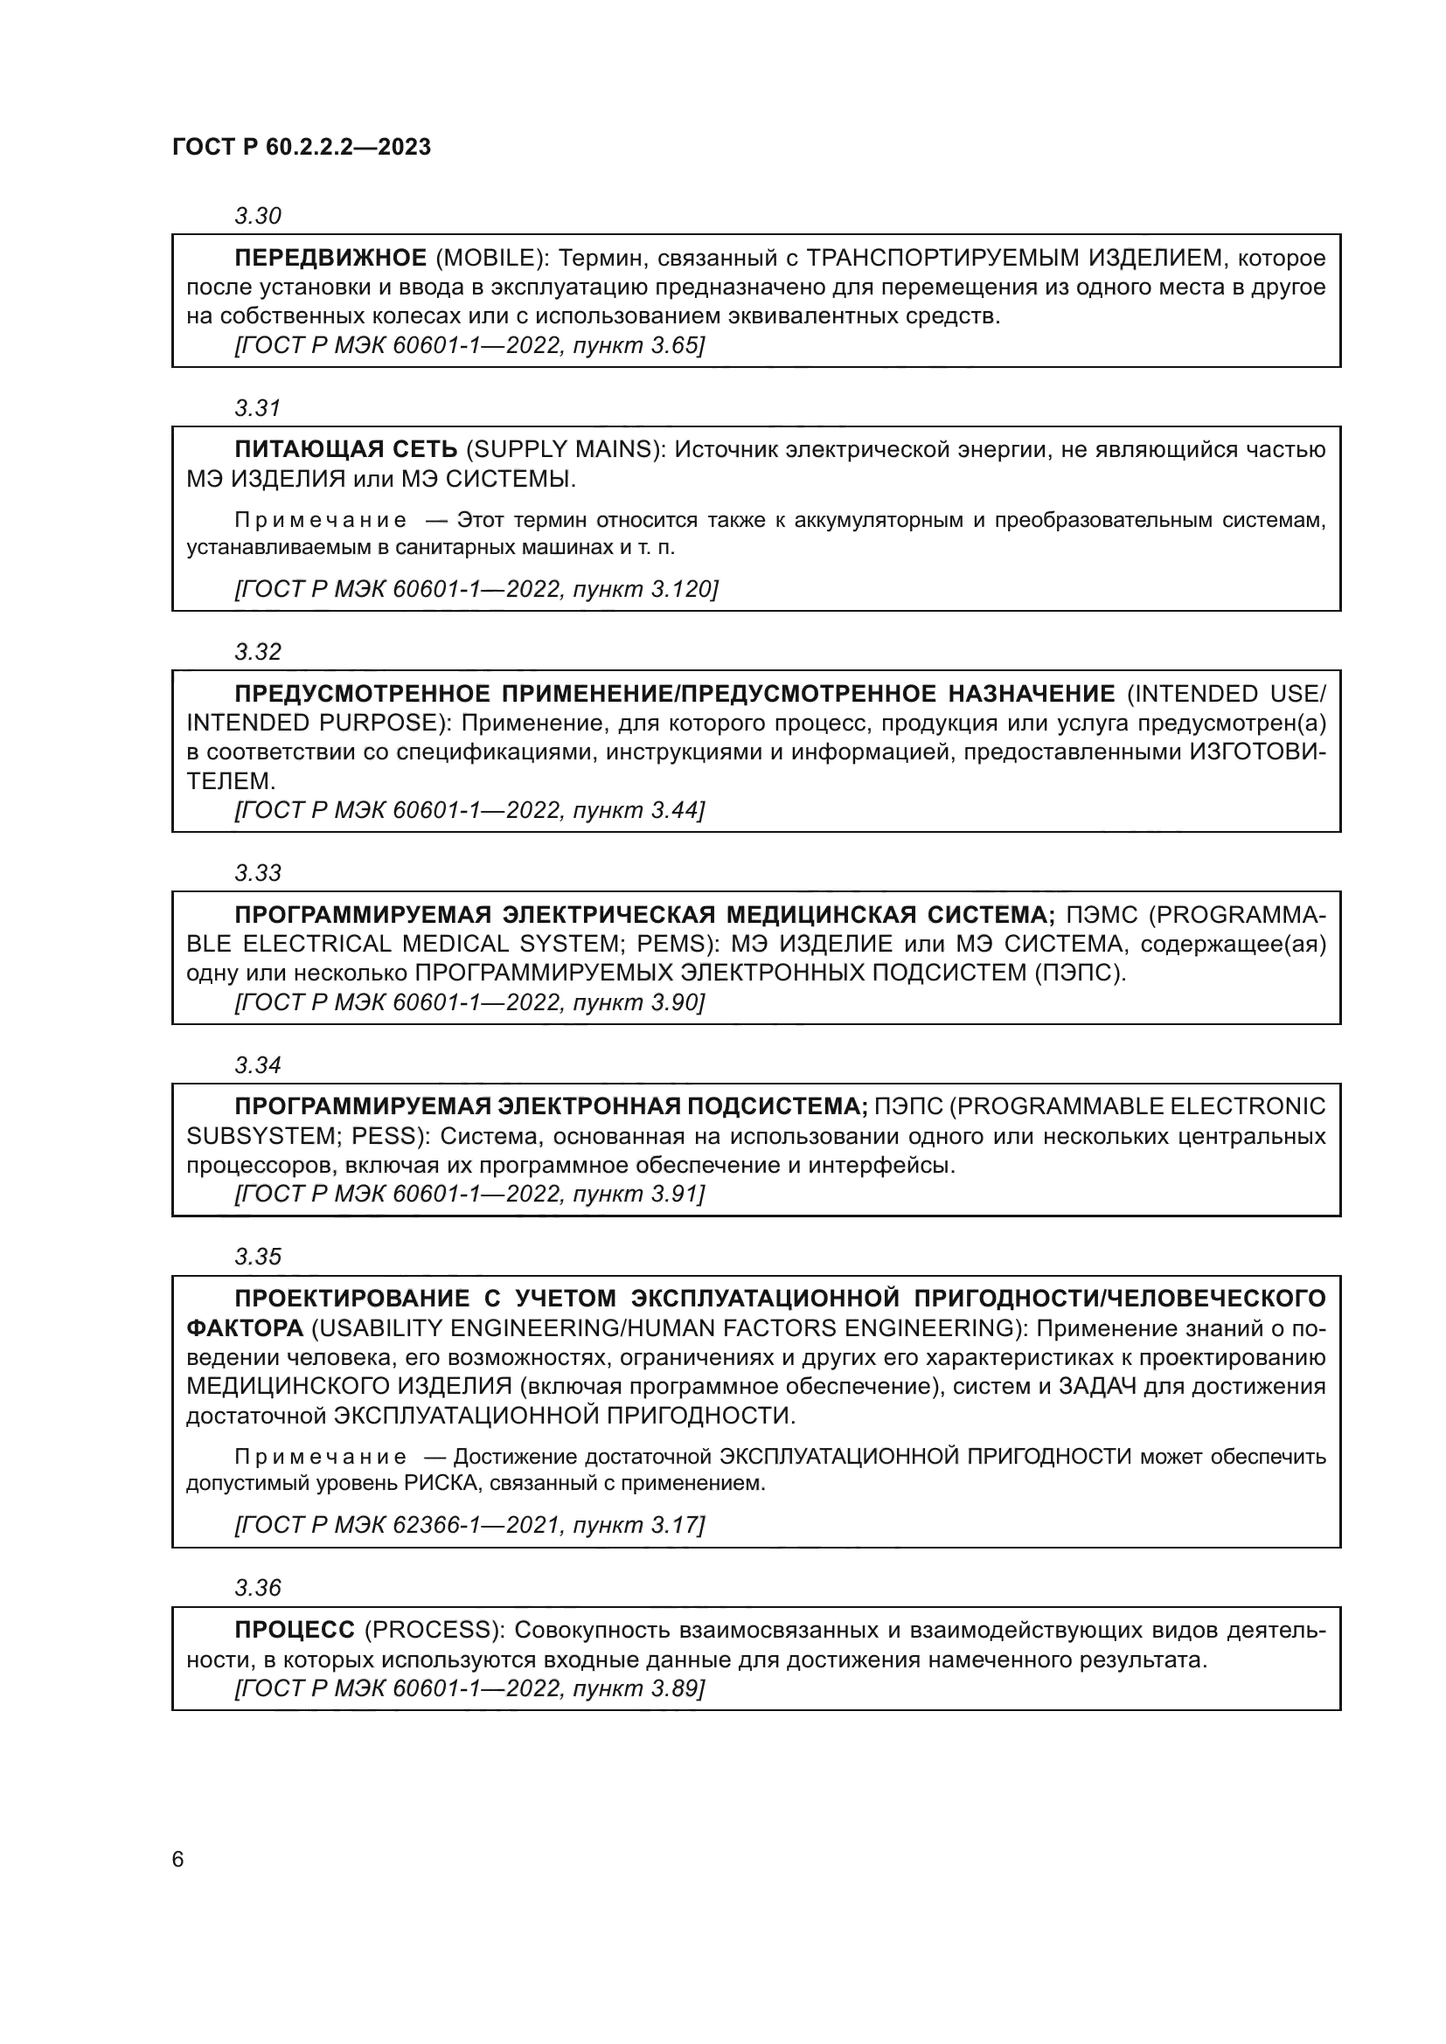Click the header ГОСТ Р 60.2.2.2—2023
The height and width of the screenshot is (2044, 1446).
coord(302,147)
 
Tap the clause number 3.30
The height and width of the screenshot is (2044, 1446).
coord(257,216)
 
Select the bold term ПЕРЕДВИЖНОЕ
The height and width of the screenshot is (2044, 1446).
coord(330,258)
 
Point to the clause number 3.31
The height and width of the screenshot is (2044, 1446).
coord(257,408)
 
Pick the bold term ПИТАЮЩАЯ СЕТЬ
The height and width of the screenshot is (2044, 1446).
coord(345,449)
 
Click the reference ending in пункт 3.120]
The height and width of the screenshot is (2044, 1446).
coord(476,588)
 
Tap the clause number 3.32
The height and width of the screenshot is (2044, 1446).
coord(257,652)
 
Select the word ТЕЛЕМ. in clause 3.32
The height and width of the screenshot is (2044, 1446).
coord(231,780)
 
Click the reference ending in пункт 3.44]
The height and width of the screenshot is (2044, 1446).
coord(469,810)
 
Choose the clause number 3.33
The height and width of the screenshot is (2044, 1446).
coord(257,872)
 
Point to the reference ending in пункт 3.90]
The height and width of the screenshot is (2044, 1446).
coord(469,1002)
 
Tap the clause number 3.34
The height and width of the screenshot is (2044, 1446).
coord(257,1064)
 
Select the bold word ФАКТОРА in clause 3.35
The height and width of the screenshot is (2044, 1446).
coord(245,1328)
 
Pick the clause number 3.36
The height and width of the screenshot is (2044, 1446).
coord(257,1587)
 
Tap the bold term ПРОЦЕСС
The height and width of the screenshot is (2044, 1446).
coord(295,1630)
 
